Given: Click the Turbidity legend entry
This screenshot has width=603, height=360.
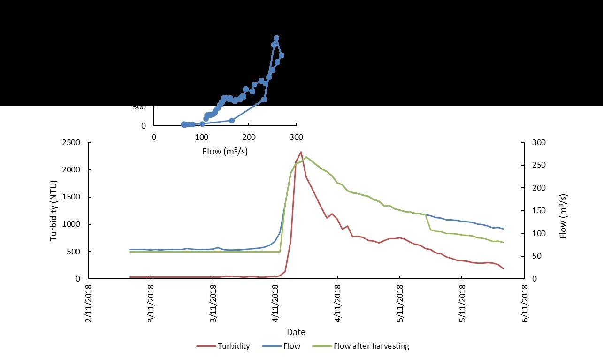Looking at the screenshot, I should pos(233,346).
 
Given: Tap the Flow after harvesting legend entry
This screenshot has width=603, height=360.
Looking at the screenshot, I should pos(371,346).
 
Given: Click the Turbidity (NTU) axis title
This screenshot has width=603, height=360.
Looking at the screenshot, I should pos(53,210).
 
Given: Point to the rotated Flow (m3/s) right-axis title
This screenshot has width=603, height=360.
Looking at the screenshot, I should pos(563,210).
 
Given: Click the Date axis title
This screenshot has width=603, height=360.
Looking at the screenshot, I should pos(296,332).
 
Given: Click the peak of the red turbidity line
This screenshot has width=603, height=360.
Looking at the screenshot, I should pos(301,152).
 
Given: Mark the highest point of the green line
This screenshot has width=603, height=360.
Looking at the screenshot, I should pos(306,157).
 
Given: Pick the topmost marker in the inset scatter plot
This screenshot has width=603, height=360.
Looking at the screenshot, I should pos(276,38).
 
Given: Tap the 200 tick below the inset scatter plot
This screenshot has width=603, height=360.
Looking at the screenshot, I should pos(249,137).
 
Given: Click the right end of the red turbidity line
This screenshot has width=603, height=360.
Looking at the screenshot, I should pos(503,269).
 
